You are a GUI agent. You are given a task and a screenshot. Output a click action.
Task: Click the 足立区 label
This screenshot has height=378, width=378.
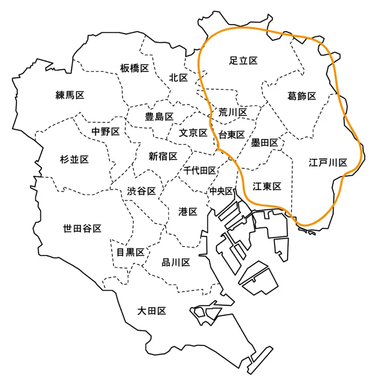[x=243, y=61]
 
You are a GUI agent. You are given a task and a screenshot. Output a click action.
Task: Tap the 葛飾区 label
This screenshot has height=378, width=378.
[x=302, y=96]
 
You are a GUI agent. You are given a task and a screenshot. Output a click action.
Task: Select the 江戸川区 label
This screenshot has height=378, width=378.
[x=328, y=163]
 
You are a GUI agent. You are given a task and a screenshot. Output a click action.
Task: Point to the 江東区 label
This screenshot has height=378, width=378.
[x=267, y=186]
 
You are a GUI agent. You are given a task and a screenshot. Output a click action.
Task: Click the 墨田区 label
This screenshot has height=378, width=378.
[x=264, y=143]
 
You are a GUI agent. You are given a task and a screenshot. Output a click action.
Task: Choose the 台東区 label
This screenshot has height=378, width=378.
[x=231, y=135]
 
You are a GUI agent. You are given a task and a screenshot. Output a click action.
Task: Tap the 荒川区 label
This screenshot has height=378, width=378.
[x=233, y=111]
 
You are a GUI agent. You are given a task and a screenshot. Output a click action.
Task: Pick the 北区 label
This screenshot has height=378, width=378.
[x=178, y=78]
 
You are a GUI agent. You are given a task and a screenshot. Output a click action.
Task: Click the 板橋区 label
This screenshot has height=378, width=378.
[x=134, y=68]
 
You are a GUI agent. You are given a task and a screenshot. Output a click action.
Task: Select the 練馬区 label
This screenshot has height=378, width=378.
[x=69, y=94]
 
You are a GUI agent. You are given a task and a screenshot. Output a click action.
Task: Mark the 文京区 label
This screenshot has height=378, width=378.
[x=193, y=133]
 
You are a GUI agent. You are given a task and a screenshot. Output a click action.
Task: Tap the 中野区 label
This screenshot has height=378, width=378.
[x=105, y=132]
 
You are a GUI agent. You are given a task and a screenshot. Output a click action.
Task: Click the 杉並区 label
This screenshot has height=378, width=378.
[x=74, y=159]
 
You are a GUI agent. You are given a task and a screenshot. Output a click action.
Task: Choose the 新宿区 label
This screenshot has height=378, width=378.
[x=163, y=156]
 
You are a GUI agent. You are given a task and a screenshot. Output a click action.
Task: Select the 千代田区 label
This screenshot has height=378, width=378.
[x=200, y=170]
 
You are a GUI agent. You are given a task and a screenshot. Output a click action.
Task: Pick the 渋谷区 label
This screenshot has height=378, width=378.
[x=141, y=192]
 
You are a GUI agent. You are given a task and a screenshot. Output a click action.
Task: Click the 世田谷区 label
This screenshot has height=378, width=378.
[x=82, y=228]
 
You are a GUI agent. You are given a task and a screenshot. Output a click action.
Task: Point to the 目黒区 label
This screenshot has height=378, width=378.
[x=130, y=251]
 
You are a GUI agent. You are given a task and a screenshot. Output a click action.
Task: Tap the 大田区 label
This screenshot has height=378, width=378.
[x=152, y=311]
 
